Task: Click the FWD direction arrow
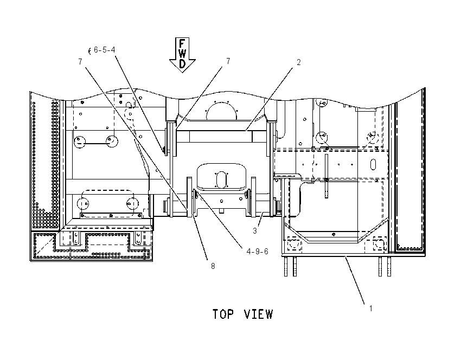point(182,55)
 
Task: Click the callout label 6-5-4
point(104,50)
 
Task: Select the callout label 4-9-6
point(257,252)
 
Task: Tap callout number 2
point(299,62)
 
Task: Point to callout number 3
point(255,231)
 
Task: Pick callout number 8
point(213,266)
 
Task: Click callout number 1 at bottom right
point(371,308)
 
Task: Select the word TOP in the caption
point(223,314)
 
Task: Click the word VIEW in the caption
point(259,314)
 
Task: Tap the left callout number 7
point(80,62)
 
